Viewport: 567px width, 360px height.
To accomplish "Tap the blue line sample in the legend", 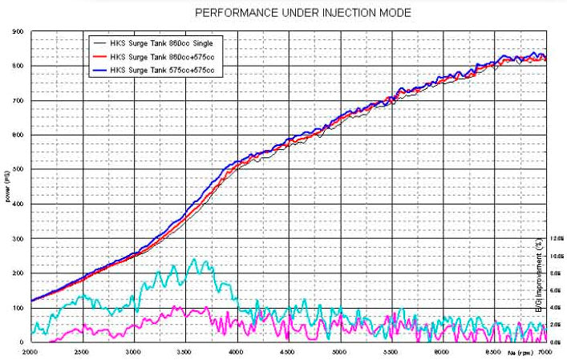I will click(102, 71).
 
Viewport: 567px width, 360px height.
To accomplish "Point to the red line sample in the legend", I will click(102, 56).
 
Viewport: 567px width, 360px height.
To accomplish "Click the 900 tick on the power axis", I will click(18, 32).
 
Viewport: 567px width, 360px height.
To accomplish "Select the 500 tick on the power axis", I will click(18, 170).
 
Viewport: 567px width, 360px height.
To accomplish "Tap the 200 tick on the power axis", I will click(18, 273).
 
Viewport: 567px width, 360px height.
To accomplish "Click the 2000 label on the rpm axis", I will click(31, 351).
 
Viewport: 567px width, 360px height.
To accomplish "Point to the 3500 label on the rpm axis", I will click(185, 351).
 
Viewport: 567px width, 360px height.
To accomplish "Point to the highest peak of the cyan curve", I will click(193, 259).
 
